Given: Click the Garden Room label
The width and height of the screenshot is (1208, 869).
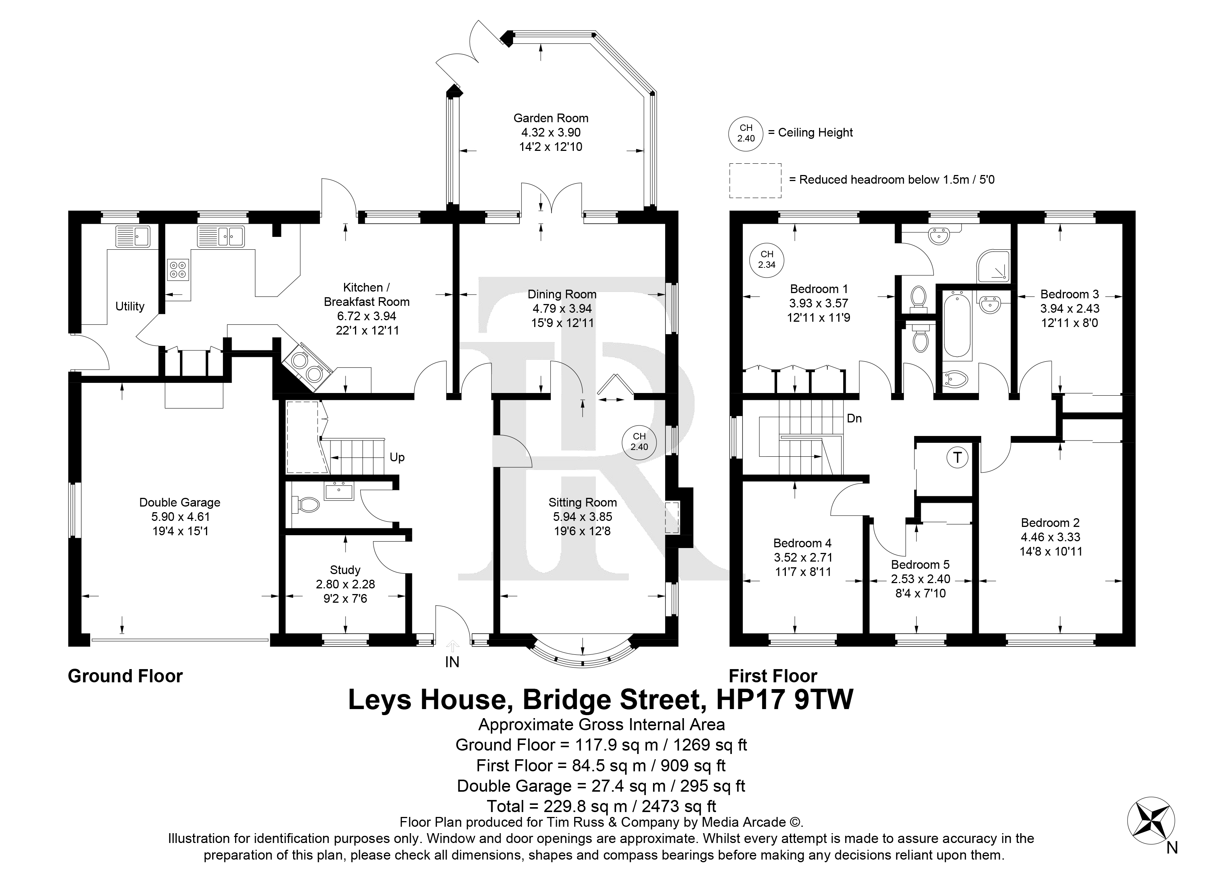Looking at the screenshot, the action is click(551, 118).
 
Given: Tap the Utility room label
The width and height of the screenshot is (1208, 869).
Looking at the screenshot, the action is click(130, 306).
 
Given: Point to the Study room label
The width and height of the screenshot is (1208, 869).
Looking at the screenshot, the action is click(345, 570).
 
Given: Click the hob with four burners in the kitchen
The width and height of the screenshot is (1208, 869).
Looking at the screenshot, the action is click(177, 269).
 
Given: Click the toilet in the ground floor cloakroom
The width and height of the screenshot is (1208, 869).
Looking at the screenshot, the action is click(305, 504).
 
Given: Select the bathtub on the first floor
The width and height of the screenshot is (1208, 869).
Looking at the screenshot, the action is click(957, 323).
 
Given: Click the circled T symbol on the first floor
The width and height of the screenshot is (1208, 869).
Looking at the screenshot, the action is click(957, 458).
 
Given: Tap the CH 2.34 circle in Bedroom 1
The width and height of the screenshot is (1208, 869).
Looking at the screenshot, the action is click(767, 259).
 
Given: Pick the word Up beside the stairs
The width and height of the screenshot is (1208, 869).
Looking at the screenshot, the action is click(397, 458).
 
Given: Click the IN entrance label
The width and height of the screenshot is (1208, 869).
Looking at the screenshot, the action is click(452, 662).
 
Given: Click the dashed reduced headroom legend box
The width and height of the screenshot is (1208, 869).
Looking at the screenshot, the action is click(755, 181).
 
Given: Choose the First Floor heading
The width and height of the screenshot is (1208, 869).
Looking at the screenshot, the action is click(773, 676).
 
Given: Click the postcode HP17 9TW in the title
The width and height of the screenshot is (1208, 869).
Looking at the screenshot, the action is click(785, 700).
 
